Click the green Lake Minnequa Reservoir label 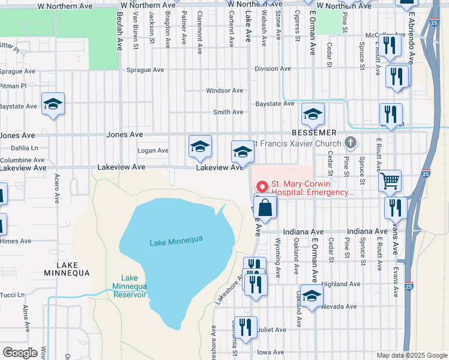(130, 286)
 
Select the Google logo (20, 353)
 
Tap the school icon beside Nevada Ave (312, 296)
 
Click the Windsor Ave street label (224, 91)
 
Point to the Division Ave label (273, 68)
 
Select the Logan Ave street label (153, 151)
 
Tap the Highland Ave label (340, 284)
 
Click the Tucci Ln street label (13, 295)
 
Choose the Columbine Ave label (22, 160)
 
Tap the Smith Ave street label (228, 112)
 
